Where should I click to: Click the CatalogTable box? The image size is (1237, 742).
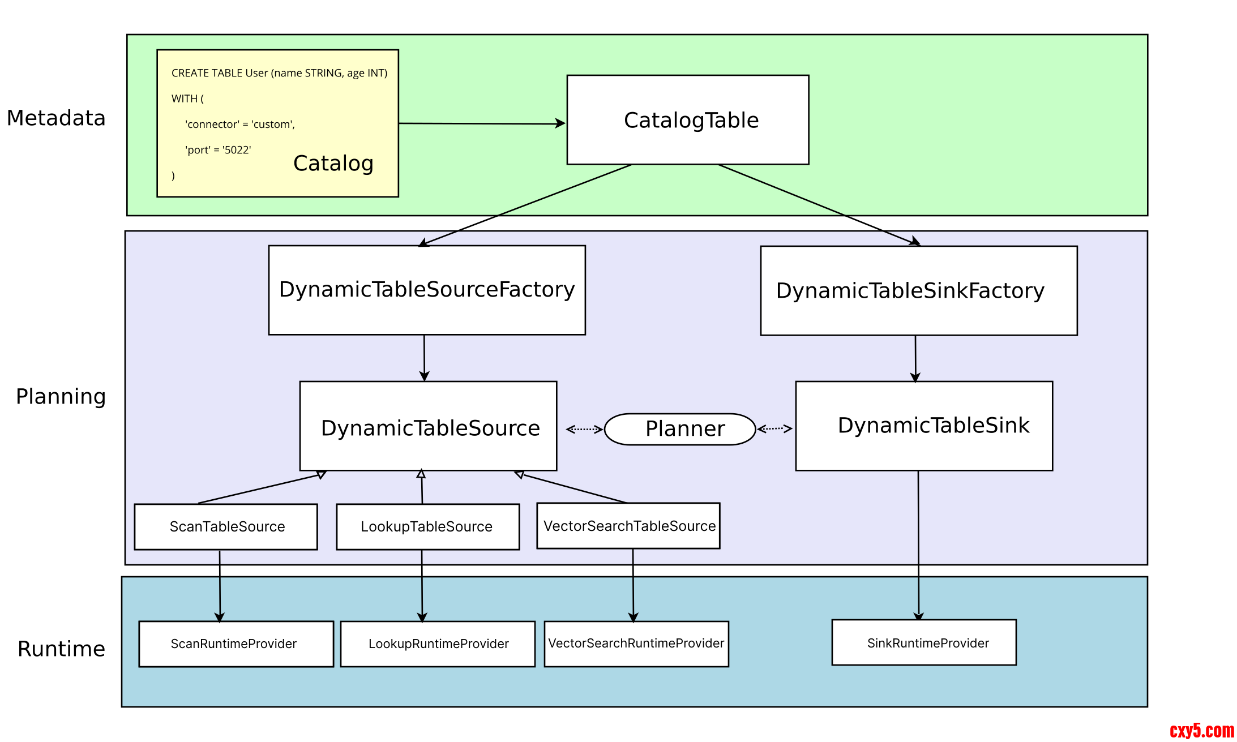(x=687, y=120)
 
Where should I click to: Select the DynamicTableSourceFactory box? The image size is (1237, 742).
(x=427, y=290)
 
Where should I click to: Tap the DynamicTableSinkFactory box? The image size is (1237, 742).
(x=918, y=290)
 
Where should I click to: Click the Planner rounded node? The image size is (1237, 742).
(x=680, y=429)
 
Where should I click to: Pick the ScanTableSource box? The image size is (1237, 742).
(x=226, y=526)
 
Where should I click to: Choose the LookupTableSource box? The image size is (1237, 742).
(x=427, y=526)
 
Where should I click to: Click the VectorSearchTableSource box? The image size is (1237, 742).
(x=628, y=526)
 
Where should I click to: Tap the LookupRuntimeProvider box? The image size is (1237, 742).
(x=438, y=644)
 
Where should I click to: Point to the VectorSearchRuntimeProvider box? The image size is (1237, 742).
(x=636, y=644)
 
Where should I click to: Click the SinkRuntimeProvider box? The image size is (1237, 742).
(x=924, y=642)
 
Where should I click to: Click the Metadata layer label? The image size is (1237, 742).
(x=56, y=118)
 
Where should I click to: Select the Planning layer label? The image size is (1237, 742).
(x=61, y=397)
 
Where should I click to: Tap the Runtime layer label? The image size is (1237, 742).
(x=61, y=649)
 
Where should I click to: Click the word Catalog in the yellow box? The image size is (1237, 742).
(x=333, y=164)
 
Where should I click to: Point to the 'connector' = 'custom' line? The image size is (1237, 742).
(x=240, y=125)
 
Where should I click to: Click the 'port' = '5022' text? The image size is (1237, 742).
(x=218, y=150)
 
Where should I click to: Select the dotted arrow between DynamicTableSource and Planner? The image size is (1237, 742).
(x=584, y=429)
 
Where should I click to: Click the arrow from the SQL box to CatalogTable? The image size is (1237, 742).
(x=482, y=123)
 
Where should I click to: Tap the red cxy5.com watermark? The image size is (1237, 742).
(x=1201, y=731)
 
